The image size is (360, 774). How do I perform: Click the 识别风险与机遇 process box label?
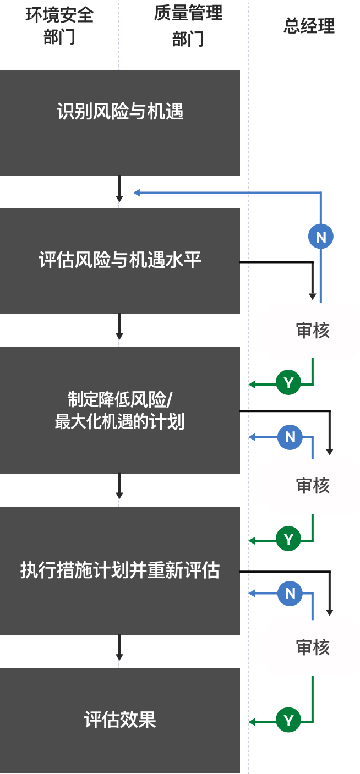120,112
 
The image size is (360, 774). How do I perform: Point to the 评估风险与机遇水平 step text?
120,260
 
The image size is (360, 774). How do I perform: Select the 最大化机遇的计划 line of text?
120,422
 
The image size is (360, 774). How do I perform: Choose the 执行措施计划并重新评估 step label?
120,570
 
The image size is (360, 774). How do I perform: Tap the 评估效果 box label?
120,720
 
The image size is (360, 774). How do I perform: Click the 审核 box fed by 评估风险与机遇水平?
313,331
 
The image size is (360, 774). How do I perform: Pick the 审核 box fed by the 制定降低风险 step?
313,486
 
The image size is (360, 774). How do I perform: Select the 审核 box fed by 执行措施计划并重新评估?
313,647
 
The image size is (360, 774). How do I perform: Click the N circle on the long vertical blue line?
321,237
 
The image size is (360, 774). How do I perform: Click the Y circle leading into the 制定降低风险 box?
288,382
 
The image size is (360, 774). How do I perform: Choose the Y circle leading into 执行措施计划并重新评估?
288,539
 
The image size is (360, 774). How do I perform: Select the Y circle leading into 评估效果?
288,720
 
